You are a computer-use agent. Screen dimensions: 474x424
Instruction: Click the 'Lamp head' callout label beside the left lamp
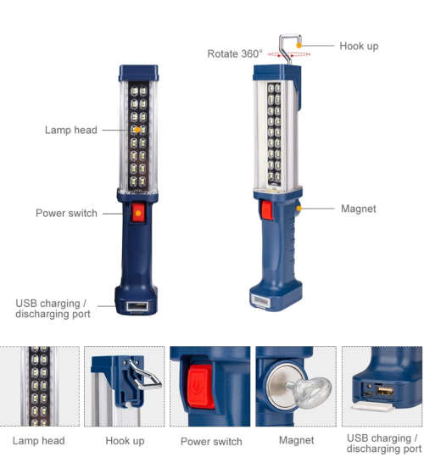(x=70, y=130)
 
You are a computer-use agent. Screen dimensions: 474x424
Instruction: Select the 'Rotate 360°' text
(x=235, y=53)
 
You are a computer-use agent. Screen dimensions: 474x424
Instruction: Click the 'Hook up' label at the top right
(x=359, y=46)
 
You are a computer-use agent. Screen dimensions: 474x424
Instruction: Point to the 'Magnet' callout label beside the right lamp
(x=358, y=209)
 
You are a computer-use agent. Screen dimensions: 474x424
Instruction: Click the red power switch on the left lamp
(x=137, y=213)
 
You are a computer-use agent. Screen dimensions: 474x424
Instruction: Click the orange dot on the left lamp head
(x=137, y=130)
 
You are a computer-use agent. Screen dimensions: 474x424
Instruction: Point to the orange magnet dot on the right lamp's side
(x=298, y=206)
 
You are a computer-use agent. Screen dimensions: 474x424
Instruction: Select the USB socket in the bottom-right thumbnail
(x=384, y=391)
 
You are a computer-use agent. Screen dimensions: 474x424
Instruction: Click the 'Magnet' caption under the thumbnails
(x=297, y=440)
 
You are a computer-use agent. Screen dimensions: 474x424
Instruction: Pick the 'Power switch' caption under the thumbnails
(x=211, y=441)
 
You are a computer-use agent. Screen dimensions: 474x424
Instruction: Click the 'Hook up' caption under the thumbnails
(x=125, y=440)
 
